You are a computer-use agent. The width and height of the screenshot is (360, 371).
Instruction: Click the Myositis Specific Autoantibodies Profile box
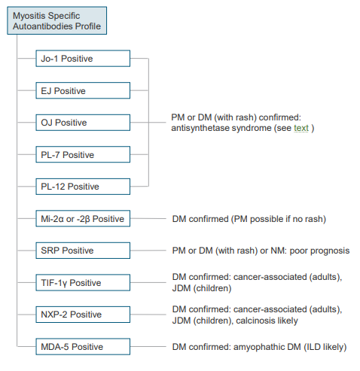56,20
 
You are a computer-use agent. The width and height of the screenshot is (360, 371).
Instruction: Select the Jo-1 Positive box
83,59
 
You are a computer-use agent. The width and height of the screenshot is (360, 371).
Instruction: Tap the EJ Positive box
83,90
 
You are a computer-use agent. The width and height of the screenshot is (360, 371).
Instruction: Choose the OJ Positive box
83,123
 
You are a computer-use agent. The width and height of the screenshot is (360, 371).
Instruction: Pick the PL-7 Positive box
83,154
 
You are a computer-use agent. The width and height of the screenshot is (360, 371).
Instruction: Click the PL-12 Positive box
83,187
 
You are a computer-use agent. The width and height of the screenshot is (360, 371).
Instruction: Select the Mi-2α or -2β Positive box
83,218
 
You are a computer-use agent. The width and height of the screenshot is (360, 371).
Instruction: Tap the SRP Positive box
83,251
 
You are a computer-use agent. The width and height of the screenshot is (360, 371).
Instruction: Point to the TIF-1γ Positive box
83,283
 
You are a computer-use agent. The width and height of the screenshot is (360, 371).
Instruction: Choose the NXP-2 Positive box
83,315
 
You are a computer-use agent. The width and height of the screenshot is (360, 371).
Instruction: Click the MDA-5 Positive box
83,347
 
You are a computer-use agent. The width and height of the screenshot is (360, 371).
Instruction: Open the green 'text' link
301,128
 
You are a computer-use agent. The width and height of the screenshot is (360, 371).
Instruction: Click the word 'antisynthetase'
200,128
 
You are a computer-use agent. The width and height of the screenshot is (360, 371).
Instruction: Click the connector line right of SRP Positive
148,251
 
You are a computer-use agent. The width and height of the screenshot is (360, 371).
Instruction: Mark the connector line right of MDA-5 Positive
148,347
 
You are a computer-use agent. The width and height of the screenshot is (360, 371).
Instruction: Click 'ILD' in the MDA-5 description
313,347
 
